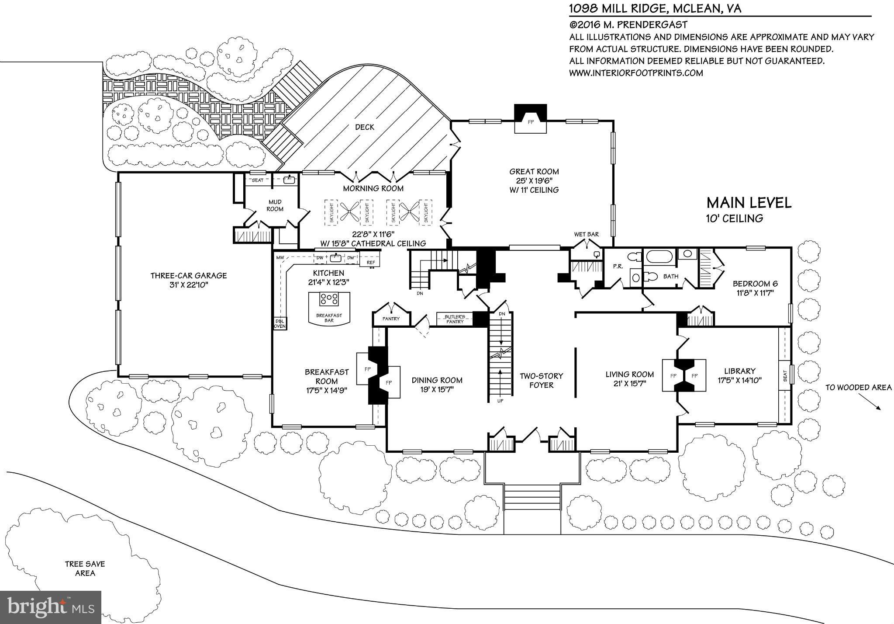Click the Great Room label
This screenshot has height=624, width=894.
tap(534, 172)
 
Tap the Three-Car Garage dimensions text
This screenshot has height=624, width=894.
tap(189, 285)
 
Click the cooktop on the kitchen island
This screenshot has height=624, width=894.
tap(329, 299)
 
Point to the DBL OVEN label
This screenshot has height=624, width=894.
tap(280, 323)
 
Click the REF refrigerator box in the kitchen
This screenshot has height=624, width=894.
tap(371, 262)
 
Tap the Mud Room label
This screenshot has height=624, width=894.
tap(275, 205)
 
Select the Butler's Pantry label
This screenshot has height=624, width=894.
tap(455, 319)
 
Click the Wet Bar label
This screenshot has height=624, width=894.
tap(586, 235)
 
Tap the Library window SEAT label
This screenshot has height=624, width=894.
tap(785, 374)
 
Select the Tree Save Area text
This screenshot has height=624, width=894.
tap(85, 569)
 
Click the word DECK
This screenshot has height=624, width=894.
tap(364, 127)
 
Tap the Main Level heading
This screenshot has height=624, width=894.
tap(749, 203)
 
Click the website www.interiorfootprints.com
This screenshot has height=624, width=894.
tap(635, 73)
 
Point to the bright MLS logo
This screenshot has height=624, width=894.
tap(51, 607)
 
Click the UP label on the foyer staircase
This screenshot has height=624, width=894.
tap(500, 400)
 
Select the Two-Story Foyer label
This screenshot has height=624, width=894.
tap(541, 380)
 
